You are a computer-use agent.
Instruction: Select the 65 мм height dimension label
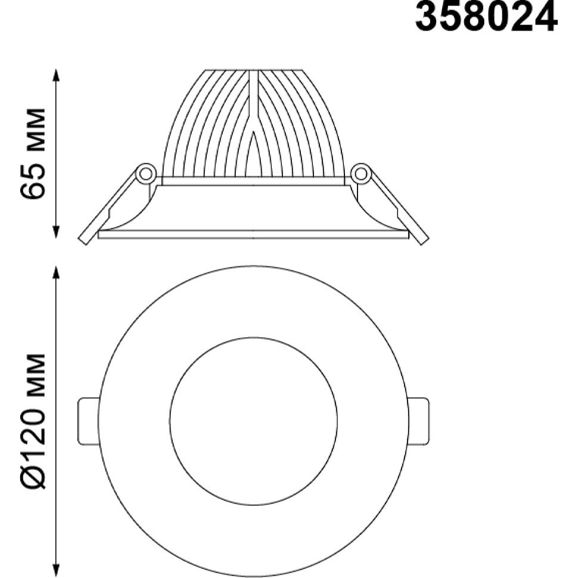[x=33, y=154]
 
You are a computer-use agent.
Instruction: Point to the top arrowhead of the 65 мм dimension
[x=56, y=76]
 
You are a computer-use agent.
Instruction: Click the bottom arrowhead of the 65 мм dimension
[x=56, y=231]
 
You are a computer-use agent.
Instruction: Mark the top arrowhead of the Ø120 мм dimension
[x=56, y=273]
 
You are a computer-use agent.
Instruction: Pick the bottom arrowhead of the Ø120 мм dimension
[x=56, y=570]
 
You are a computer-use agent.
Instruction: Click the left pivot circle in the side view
[x=145, y=173]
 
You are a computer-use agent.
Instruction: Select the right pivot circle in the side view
[x=361, y=173]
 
